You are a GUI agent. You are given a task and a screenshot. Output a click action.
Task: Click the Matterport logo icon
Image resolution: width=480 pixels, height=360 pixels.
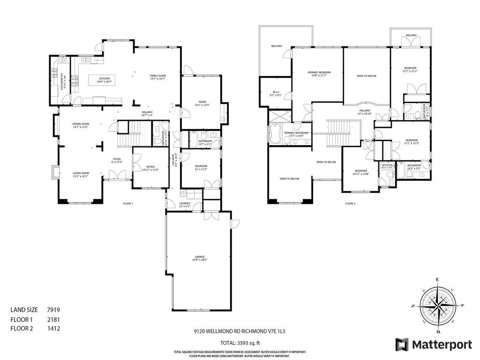[402, 345]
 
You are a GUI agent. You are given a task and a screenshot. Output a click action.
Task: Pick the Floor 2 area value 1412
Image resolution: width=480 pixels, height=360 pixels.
[53, 329]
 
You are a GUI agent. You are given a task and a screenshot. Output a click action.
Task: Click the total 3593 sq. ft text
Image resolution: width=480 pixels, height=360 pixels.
[240, 342]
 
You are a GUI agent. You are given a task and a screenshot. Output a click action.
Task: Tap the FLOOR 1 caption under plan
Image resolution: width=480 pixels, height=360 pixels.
[128, 203]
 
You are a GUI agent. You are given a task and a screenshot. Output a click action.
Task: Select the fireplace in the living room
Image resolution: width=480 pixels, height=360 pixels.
[54, 172]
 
